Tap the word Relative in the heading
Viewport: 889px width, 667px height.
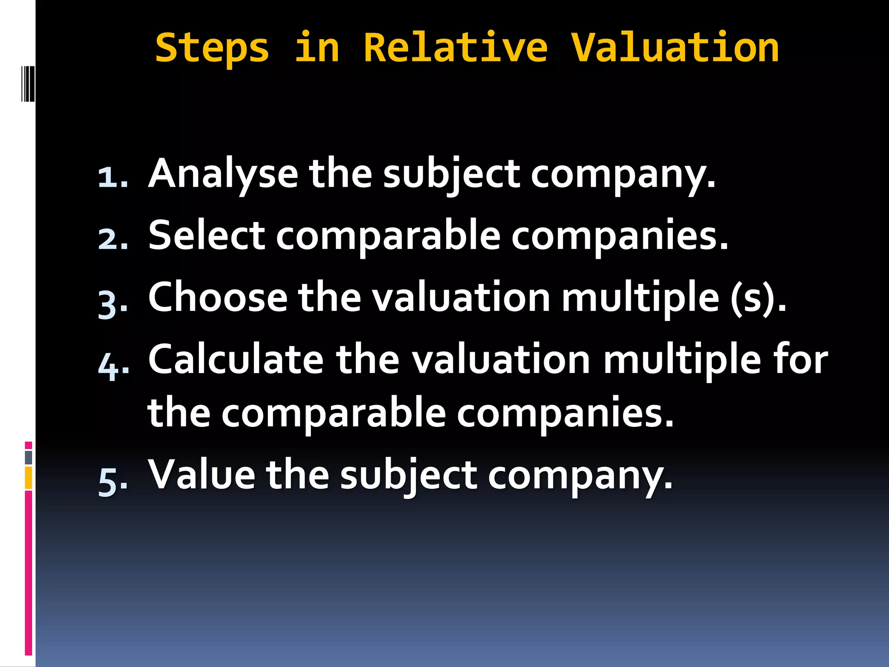point(455,48)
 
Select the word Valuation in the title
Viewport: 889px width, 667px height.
point(675,48)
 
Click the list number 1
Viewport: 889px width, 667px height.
point(112,178)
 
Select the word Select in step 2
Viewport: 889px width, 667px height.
point(207,236)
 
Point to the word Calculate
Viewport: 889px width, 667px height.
point(236,360)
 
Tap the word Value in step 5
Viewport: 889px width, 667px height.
point(202,475)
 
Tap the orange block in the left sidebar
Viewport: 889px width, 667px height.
point(28,478)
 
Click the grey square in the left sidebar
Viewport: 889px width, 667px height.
point(28,457)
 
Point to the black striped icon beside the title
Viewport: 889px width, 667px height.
point(28,83)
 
